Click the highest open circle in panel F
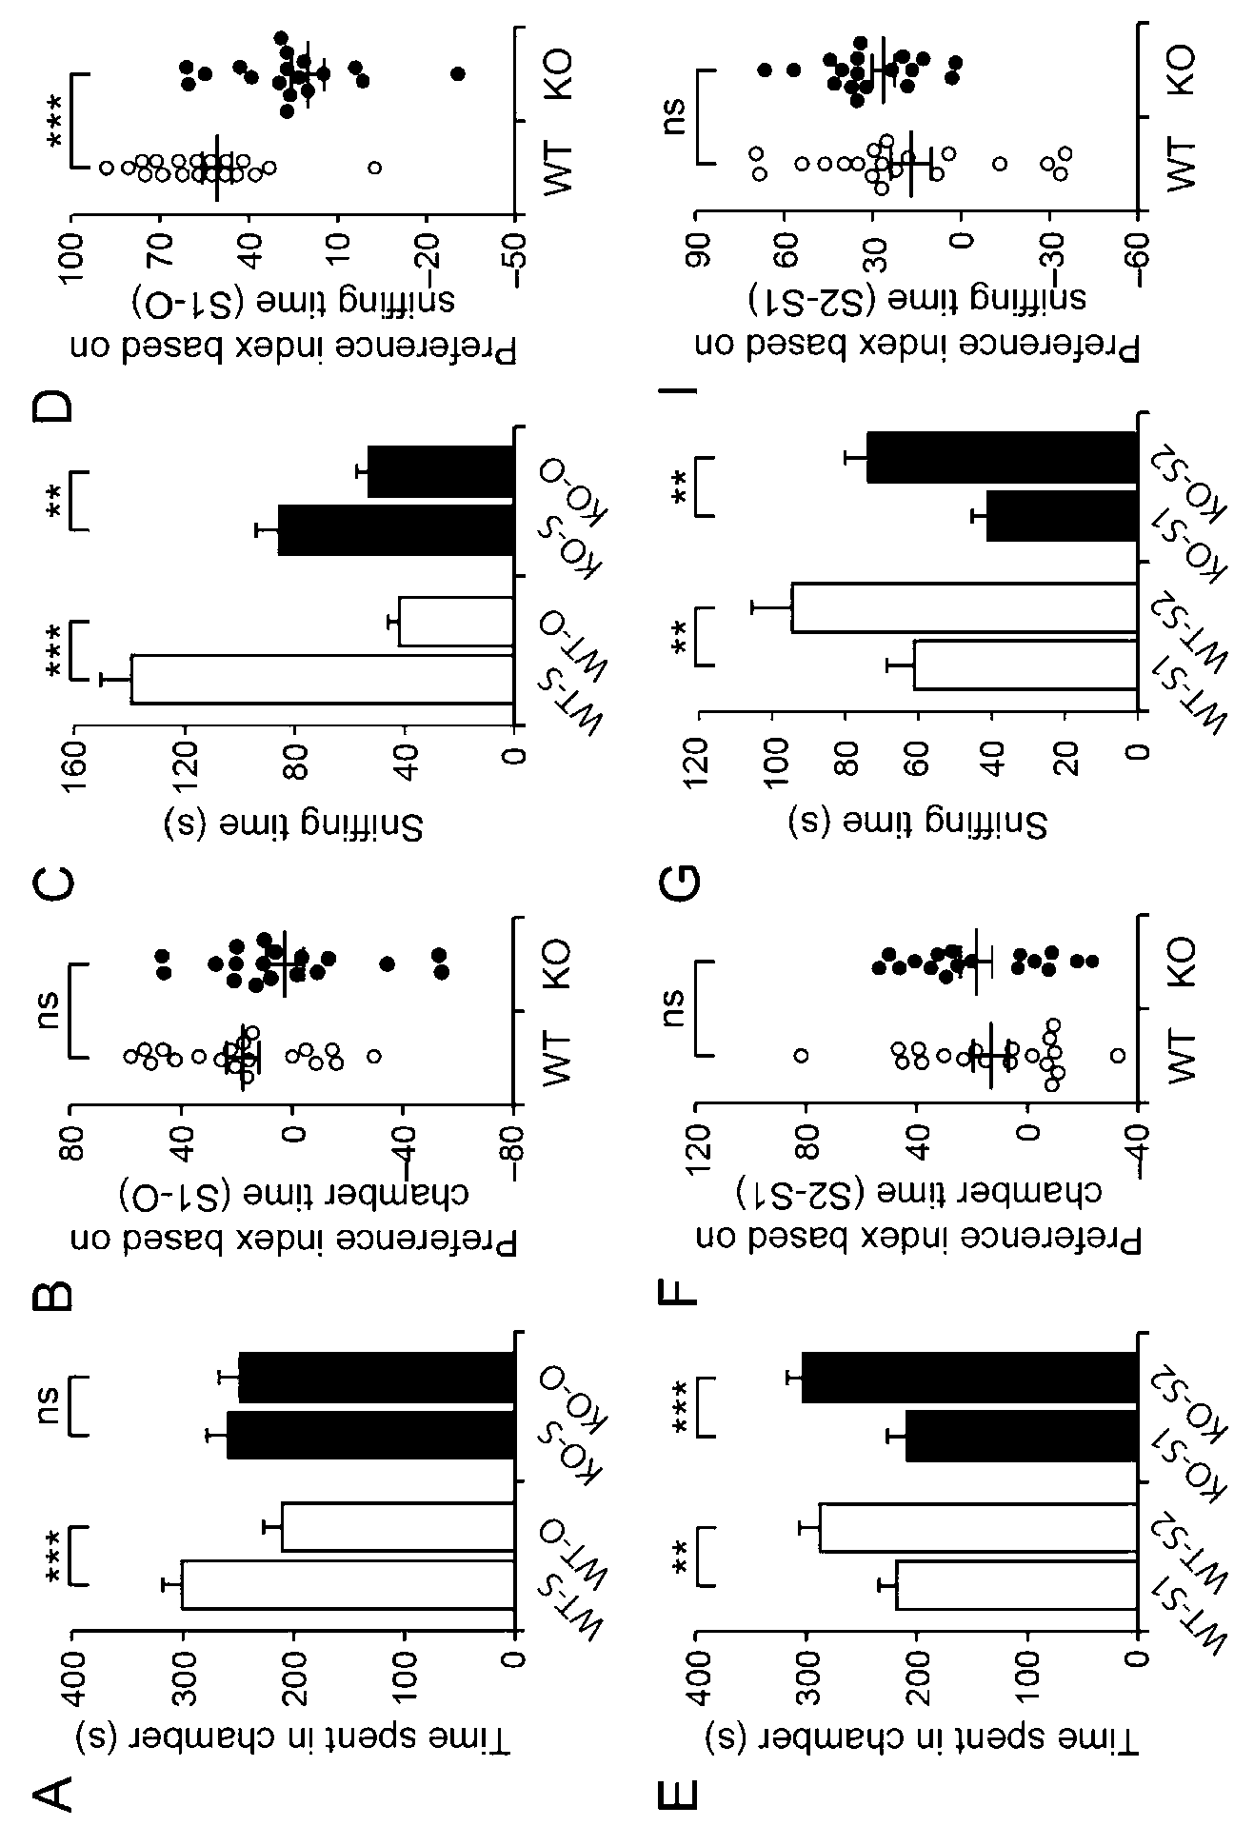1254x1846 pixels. (802, 1054)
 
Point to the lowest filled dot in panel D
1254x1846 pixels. (458, 73)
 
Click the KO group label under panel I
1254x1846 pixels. (1181, 70)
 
